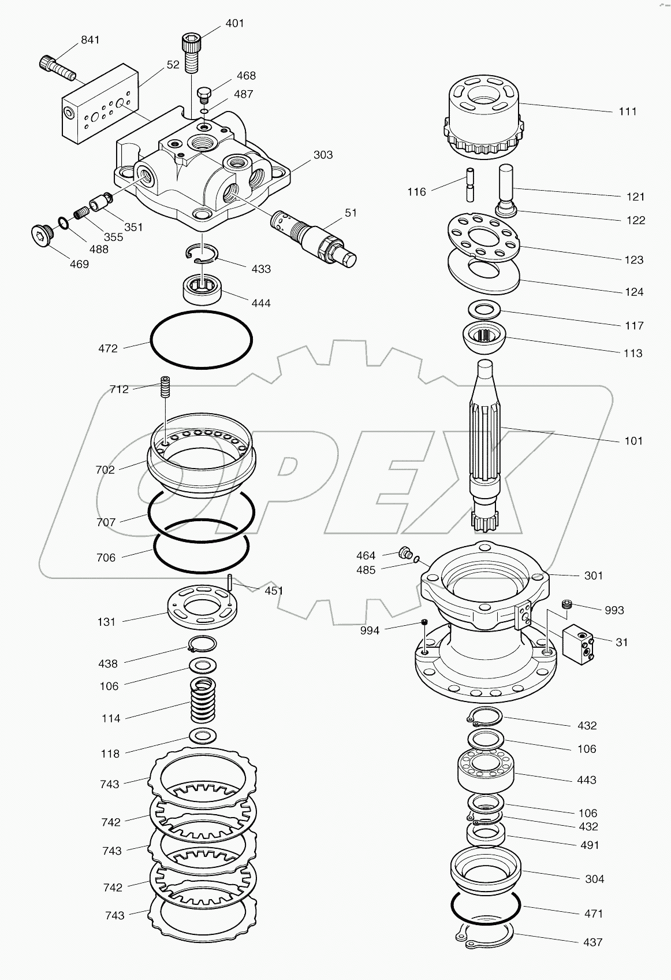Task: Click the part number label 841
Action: pos(90,40)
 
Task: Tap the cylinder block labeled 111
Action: pos(484,118)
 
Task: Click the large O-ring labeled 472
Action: pos(201,339)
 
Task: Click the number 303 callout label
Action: pos(323,155)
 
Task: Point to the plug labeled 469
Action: pos(40,235)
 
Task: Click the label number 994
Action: pos(370,630)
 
